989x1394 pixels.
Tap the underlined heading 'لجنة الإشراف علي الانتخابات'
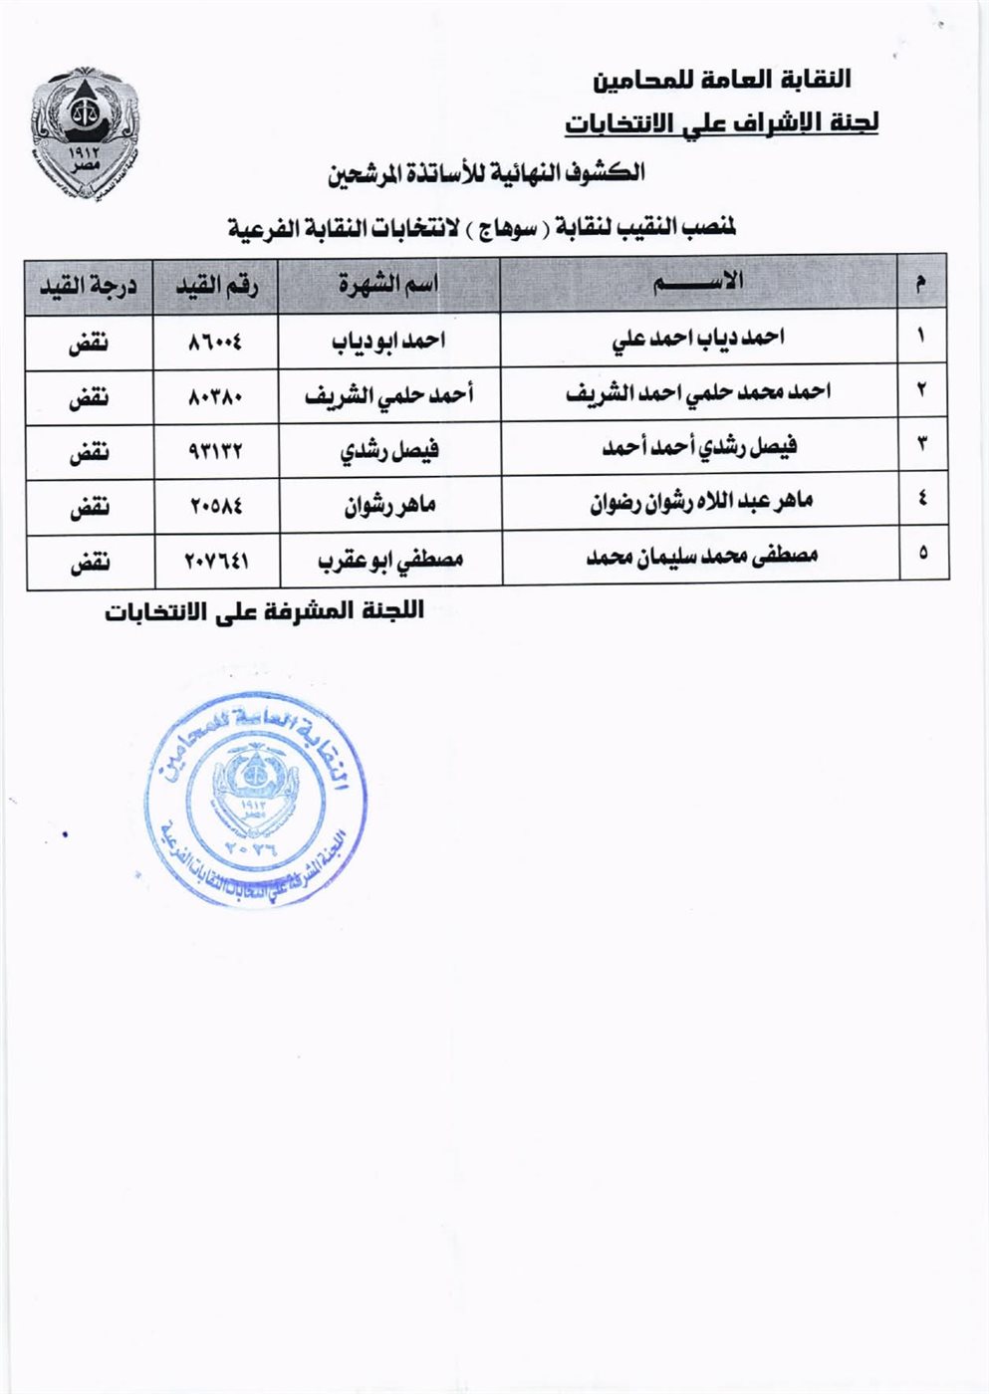[722, 123]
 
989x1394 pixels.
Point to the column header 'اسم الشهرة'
[387, 285]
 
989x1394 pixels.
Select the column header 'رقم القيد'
[216, 286]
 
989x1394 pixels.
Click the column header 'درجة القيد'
[89, 286]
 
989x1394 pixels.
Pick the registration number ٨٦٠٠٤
[215, 342]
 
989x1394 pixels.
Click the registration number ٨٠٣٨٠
[215, 397]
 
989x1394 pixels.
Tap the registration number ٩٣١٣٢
[215, 452]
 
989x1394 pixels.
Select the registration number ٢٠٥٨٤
[215, 507]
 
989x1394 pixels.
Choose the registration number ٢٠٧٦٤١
[216, 562]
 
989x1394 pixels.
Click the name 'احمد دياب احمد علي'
[698, 339]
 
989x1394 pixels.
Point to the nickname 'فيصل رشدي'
[389, 451]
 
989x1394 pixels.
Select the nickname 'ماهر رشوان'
[390, 506]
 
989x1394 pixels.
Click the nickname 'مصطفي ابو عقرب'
[390, 561]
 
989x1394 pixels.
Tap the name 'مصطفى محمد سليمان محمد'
[701, 556]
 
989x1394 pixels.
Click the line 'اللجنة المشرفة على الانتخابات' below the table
[264, 611]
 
